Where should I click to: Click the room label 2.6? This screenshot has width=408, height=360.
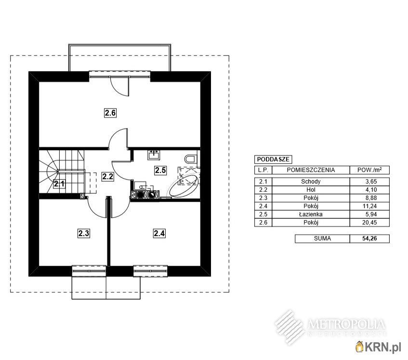point(110,113)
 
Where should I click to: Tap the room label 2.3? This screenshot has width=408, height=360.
point(84,233)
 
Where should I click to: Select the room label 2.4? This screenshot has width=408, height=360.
point(159,233)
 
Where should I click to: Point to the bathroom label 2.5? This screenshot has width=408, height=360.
point(160,170)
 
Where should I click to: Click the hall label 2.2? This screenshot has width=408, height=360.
point(108,176)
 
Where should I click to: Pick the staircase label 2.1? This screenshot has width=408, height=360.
point(59,184)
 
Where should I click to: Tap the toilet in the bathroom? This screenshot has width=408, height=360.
point(191,159)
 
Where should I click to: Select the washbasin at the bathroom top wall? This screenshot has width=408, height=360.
point(154,155)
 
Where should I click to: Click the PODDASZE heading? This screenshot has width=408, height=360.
point(273,160)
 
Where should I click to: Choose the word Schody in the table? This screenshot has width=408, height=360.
point(311,181)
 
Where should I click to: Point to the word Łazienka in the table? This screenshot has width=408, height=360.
point(311,214)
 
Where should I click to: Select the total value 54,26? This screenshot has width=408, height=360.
point(369,239)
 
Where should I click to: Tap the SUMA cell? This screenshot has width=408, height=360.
point(322,239)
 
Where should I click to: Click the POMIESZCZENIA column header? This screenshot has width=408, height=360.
point(311,170)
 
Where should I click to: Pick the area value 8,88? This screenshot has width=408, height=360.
point(371,198)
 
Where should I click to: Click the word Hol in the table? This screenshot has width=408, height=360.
point(311,190)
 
